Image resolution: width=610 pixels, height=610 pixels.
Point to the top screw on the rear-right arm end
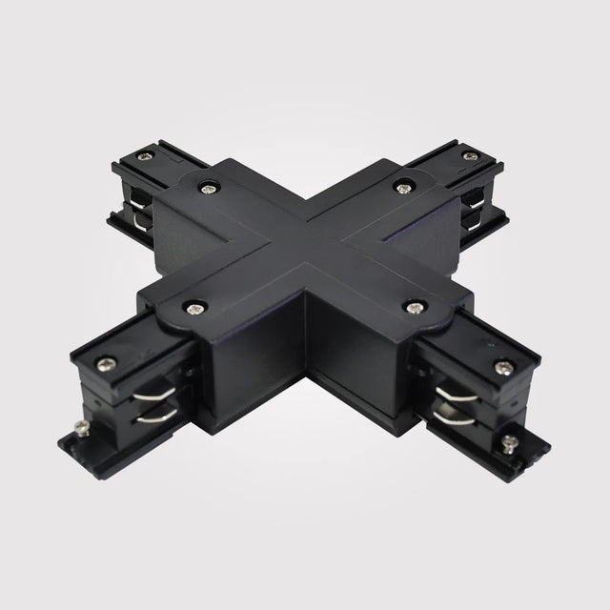click(x=468, y=155)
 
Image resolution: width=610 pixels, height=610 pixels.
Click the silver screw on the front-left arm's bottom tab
click(x=79, y=433)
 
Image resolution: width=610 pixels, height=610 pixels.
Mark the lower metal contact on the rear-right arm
click(x=470, y=221)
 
